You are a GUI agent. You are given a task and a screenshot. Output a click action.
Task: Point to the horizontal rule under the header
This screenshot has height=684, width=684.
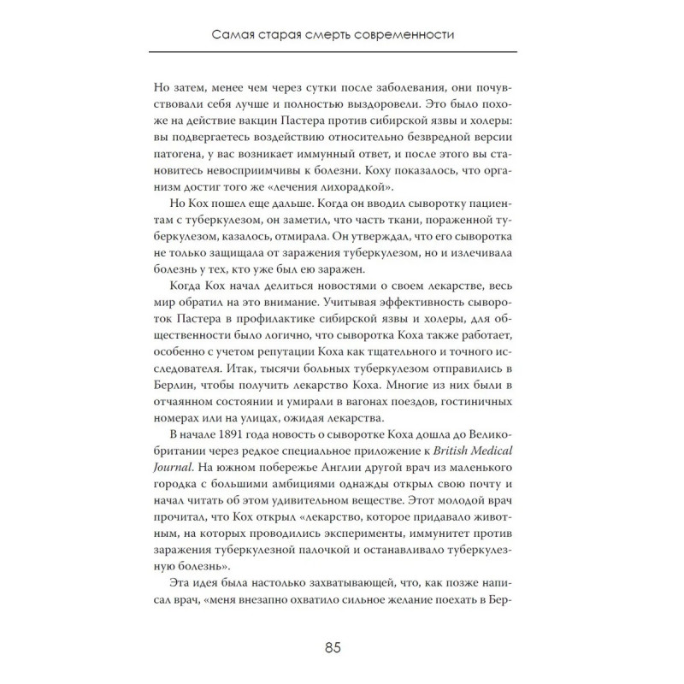coord(342,53)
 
